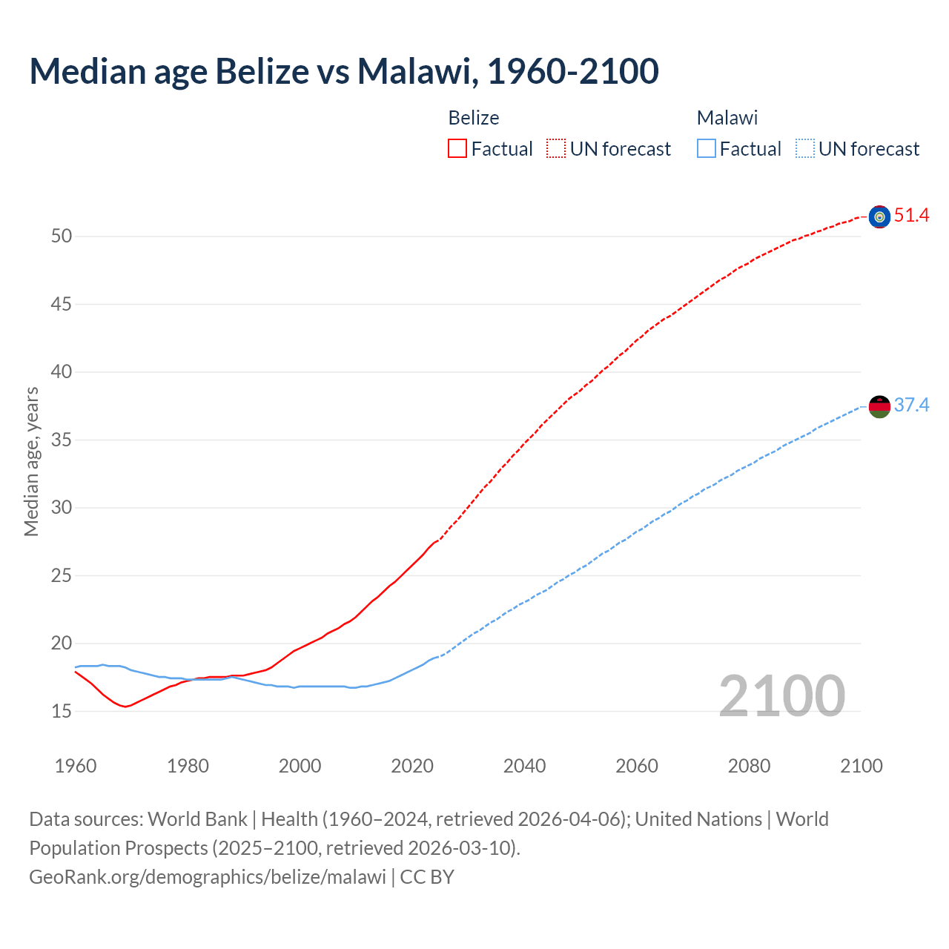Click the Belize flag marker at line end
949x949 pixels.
click(x=879, y=216)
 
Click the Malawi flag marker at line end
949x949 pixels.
click(x=879, y=406)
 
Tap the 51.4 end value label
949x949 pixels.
click(x=911, y=216)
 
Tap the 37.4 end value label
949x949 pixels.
click(x=911, y=405)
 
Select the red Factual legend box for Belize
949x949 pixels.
click(x=457, y=149)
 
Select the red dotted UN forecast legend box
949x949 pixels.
click(x=556, y=149)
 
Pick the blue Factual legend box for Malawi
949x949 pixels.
click(x=707, y=149)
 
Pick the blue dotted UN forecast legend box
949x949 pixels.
click(x=804, y=149)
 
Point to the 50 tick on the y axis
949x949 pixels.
click(x=62, y=237)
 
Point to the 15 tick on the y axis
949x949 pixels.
click(x=62, y=712)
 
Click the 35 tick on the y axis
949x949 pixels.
click(x=62, y=440)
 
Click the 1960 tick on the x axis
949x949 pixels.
click(x=76, y=766)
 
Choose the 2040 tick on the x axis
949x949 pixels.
click(x=524, y=766)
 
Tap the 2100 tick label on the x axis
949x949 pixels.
click(x=861, y=766)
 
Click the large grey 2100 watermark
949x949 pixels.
click(x=781, y=695)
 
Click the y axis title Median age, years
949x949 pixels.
click(x=31, y=461)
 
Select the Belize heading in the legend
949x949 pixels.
click(x=474, y=118)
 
